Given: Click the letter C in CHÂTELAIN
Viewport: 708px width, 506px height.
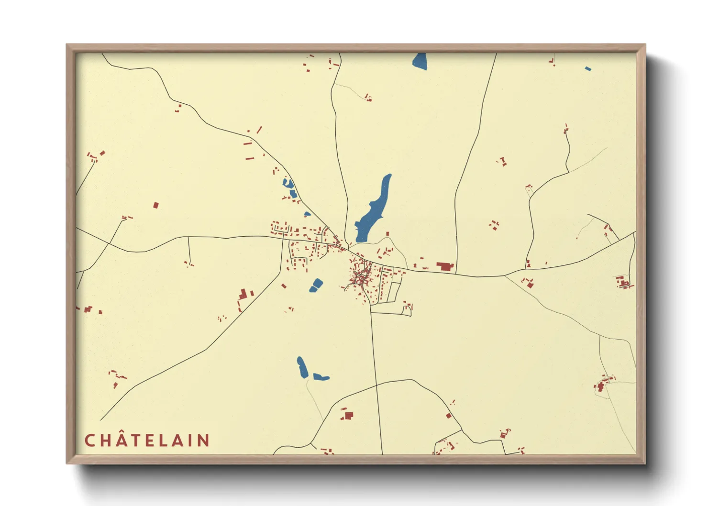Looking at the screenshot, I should [x=89, y=440].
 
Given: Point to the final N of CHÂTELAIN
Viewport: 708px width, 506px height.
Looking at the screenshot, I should [x=204, y=440].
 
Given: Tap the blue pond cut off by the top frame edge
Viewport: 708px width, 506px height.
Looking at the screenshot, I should [x=420, y=61].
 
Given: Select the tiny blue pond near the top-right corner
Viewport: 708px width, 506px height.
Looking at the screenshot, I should [x=588, y=69].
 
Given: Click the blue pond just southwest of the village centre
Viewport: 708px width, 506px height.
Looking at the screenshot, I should [x=316, y=286].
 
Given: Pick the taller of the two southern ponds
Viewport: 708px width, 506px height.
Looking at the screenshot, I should [x=302, y=367].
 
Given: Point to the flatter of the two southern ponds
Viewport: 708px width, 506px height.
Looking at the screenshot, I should [x=321, y=377].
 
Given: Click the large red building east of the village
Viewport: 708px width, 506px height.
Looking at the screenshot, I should [x=445, y=266].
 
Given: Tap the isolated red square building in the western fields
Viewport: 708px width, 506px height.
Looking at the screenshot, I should [x=155, y=205].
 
